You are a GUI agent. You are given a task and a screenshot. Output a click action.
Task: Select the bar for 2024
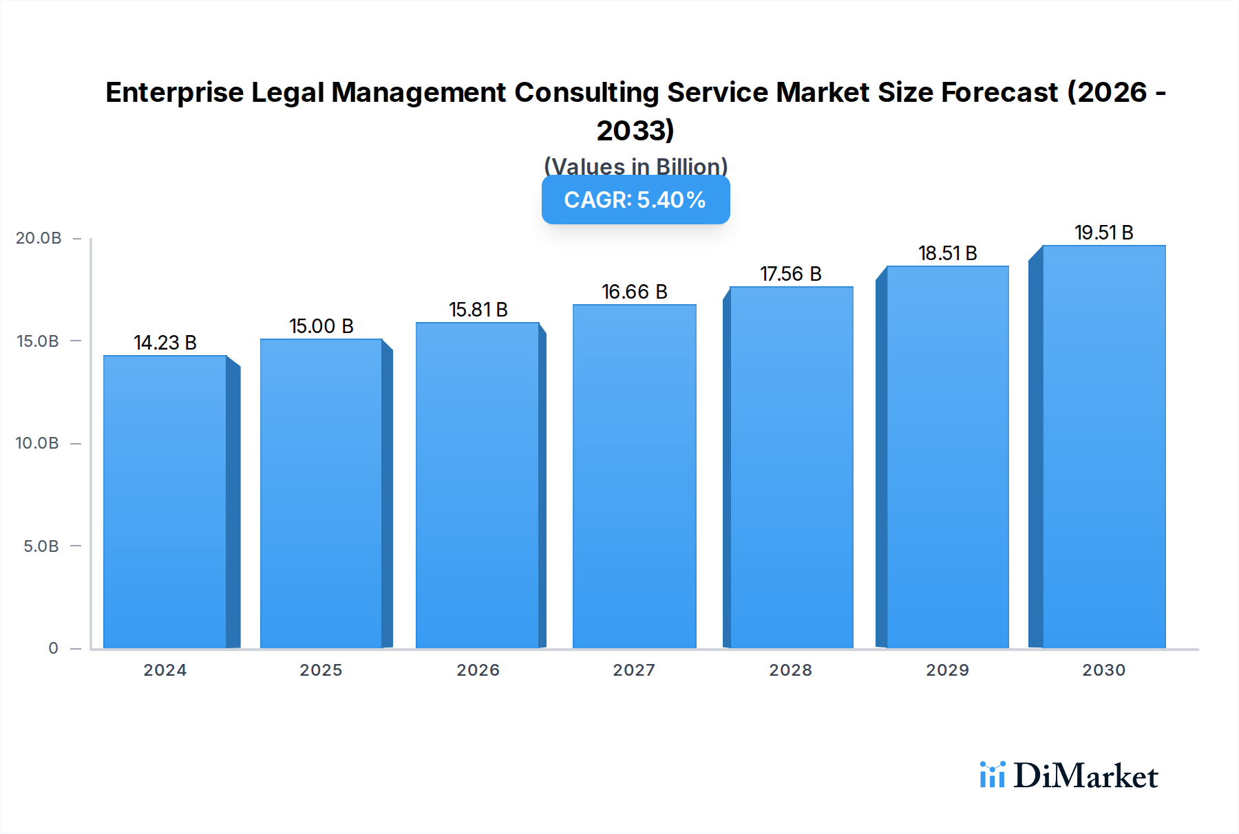pos(165,502)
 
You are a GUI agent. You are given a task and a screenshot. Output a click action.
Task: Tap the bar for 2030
pos(1103,447)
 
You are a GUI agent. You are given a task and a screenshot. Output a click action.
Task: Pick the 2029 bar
pos(947,457)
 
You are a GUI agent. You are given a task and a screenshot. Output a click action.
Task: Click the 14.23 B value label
pos(165,343)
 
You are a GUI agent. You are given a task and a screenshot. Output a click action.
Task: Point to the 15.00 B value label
pos(321,326)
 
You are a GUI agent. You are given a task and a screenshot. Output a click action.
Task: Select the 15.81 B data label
pos(478,310)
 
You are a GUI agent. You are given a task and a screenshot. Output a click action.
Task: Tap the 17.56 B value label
pos(791,274)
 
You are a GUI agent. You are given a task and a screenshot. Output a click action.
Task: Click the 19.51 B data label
pos(1103,233)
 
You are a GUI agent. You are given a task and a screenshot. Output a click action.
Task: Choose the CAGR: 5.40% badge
pos(635,200)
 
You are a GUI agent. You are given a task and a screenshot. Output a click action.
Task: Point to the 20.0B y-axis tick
pos(39,238)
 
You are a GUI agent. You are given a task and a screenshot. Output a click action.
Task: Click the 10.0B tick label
pos(37,443)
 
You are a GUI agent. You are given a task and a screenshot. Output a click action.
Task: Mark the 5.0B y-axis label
pos(41,546)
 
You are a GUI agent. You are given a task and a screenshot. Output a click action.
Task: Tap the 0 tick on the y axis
pos(53,648)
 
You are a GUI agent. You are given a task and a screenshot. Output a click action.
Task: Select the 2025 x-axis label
pos(321,670)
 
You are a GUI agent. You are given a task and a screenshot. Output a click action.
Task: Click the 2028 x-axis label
pos(790,670)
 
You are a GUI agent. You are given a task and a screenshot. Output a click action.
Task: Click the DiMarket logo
pos(1069,776)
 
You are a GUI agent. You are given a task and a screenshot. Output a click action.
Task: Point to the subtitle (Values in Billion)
pos(635,165)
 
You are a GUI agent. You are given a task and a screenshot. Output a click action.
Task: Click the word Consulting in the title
pos(586,92)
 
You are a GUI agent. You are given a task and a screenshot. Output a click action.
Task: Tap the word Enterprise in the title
pos(175,92)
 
